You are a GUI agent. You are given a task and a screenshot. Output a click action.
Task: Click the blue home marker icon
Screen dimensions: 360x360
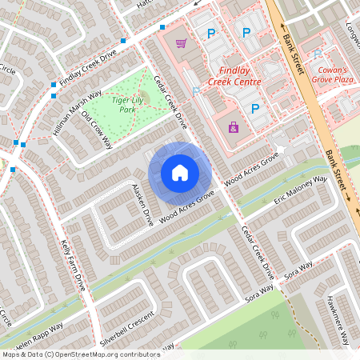[180, 171]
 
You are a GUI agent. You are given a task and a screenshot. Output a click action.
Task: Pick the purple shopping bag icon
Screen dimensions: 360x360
[234, 126]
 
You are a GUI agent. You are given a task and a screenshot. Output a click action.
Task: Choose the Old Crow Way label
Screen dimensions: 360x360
[97, 129]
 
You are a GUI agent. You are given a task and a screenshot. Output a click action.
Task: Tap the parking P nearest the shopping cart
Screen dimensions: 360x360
[211, 34]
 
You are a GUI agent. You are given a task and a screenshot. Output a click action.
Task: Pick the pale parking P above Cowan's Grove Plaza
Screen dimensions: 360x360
[318, 54]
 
